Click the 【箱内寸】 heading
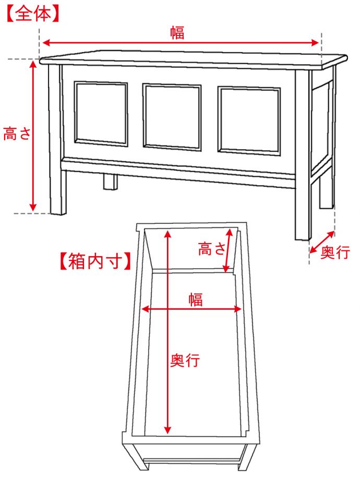coord(95,261)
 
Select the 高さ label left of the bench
coord(17,134)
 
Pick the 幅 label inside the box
coord(196,299)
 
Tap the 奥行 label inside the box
coord(185,360)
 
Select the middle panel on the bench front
coord(172,116)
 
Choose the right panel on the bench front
coord(249,119)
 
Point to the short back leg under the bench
coord(110,181)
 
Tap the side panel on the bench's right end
coord(322,125)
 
